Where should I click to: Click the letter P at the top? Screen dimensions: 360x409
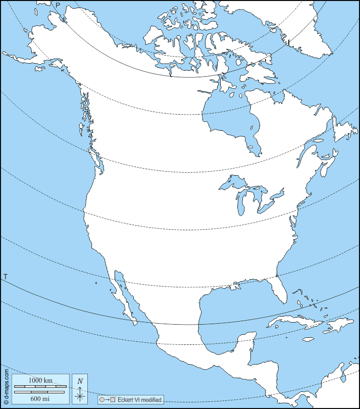coord(58,5)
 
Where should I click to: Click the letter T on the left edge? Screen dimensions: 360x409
coord(5,277)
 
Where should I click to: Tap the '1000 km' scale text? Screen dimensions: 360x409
coord(40,380)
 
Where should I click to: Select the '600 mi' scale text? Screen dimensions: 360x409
coord(40,398)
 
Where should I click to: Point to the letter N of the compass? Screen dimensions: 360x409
coord(80,381)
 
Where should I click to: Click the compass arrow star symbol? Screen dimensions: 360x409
coord(80,394)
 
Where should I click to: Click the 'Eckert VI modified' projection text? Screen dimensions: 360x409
coord(140,400)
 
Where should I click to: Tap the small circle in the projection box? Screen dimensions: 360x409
coord(102,400)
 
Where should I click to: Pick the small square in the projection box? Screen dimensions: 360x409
coord(113,400)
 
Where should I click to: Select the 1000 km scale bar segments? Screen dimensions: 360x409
coord(39,387)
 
